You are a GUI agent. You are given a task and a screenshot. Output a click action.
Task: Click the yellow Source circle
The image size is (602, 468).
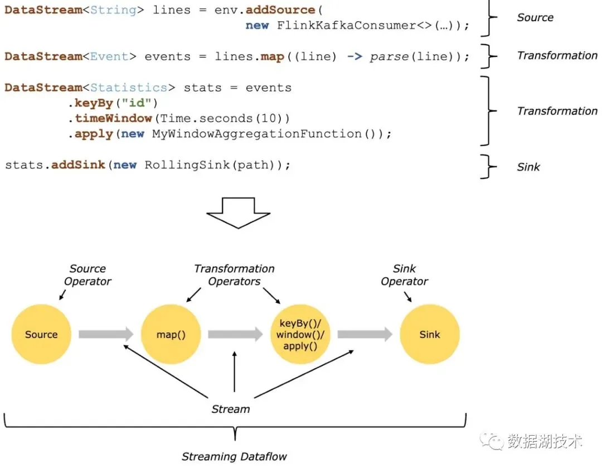pos(41,335)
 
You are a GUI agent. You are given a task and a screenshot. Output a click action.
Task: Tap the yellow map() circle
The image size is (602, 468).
pos(171,335)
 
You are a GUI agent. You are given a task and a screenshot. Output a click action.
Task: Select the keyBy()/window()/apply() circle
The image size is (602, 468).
pos(300,335)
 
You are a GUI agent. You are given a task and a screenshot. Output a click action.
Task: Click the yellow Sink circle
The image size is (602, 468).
pos(429,335)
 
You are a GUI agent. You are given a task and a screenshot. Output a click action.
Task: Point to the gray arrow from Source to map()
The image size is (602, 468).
pos(106,335)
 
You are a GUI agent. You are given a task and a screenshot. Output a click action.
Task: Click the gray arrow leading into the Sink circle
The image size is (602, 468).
pos(365,335)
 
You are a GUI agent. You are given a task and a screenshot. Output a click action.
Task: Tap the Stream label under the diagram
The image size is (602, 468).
pos(230,409)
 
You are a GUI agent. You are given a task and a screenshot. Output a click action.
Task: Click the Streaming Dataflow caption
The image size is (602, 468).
pos(234,457)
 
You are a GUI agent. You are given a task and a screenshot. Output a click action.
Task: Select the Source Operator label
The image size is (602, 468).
pos(88,275)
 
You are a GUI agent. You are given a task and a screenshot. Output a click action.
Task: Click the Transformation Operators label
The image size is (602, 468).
pos(234,275)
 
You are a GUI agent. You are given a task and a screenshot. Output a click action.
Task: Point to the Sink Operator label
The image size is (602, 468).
pos(404,275)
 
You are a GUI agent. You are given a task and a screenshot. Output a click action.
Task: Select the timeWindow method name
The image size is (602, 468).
pos(113,118)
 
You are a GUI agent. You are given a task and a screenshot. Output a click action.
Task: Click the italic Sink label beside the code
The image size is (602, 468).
pos(528,167)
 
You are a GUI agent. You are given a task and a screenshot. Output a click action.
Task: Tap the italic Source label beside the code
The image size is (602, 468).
pos(535,17)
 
